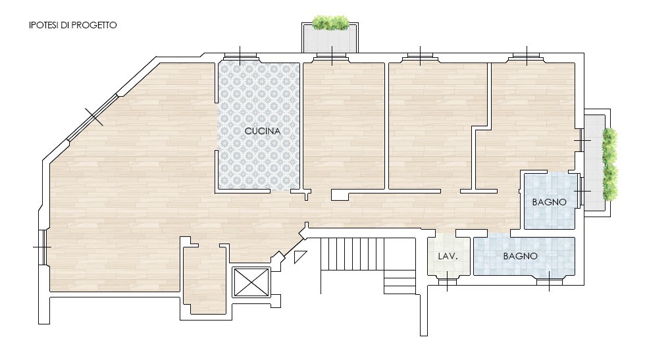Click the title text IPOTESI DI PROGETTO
[73, 25]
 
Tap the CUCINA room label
[263, 131]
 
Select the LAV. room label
[448, 256]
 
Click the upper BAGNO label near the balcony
[549, 202]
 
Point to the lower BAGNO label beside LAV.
[521, 256]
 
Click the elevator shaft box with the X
[251, 282]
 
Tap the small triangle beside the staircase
[299, 256]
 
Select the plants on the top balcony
[330, 22]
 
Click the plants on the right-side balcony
[610, 164]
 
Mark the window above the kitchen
[240, 57]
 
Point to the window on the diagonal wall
[93, 117]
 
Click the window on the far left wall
[43, 247]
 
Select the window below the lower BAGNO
[549, 282]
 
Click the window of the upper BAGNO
[580, 192]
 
